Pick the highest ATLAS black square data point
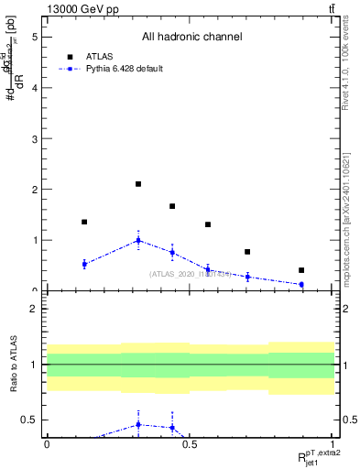[138, 184]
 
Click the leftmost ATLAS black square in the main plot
[84, 222]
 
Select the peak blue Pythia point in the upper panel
[138, 241]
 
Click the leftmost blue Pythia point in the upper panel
[84, 264]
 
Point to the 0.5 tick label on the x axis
[190, 443]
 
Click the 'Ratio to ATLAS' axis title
[13, 365]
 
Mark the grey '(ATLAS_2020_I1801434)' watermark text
[191, 274]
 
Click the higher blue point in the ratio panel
[138, 424]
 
